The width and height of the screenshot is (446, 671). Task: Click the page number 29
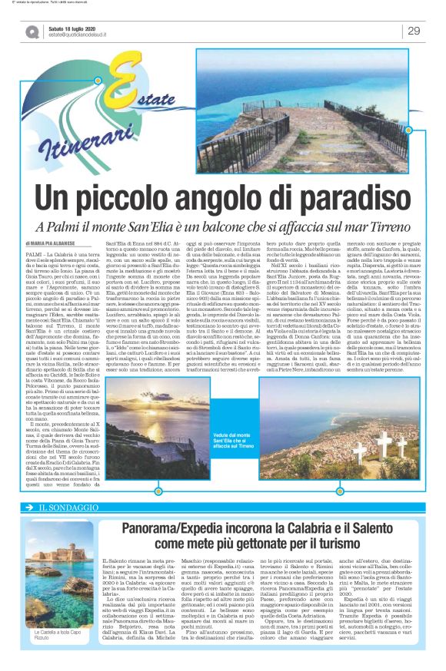click(414, 31)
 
